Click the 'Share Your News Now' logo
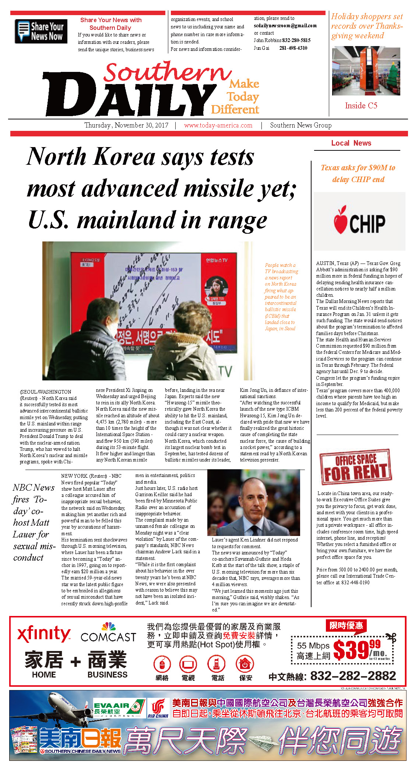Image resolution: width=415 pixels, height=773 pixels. (41, 31)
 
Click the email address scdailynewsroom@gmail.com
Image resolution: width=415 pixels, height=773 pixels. (285, 26)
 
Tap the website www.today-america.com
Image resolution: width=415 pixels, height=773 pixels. (218, 125)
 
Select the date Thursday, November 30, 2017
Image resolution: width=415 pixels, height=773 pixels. (126, 125)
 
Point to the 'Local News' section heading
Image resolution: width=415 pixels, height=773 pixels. (351, 143)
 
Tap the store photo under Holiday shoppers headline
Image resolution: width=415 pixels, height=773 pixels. (366, 71)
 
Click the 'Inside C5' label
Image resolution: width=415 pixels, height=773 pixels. (361, 106)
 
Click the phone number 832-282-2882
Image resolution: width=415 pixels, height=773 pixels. (353, 676)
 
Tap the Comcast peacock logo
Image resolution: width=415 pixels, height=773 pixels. (109, 626)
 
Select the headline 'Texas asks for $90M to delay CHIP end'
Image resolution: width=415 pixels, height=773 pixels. (358, 173)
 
